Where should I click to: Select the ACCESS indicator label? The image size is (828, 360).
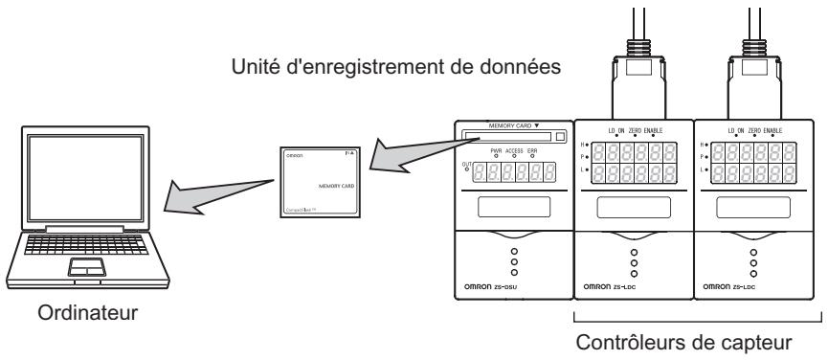coord(525,151)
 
